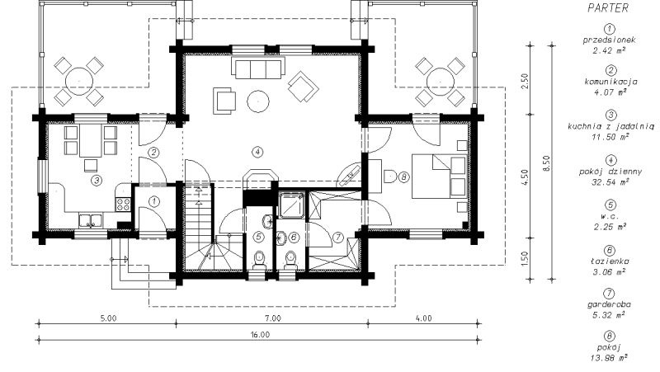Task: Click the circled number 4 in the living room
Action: pos(258,152)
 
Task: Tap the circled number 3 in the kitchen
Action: pos(97,181)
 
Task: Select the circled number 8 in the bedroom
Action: pos(403,177)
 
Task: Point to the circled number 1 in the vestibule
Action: pos(154,201)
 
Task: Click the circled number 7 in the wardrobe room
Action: pos(338,238)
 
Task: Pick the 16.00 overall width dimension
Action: pos(261,335)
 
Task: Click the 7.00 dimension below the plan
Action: pos(273,318)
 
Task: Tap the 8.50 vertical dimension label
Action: pos(546,162)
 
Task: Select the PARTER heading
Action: pos(608,8)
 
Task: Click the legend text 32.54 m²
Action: pos(610,181)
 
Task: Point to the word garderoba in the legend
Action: pos(609,304)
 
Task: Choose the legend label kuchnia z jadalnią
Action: pos(610,126)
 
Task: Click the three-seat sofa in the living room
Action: pos(257,69)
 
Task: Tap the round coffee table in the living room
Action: pos(258,101)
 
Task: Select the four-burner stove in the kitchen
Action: pos(123,204)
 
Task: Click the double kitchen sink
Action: pos(90,221)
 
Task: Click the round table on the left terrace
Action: pos(78,81)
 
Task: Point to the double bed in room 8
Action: pos(439,177)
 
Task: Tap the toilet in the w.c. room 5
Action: pos(259,260)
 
